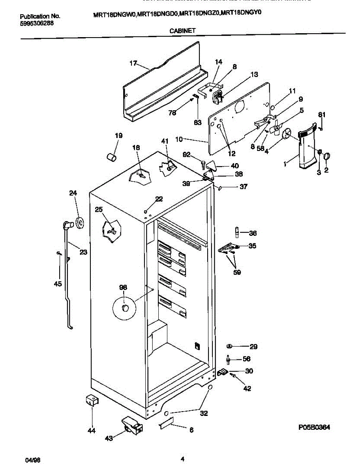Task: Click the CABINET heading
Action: pos(183,30)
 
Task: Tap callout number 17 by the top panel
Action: pos(133,63)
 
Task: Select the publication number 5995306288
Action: pos(37,23)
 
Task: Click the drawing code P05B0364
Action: pos(314,427)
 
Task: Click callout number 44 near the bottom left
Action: pos(92,431)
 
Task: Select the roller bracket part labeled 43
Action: pos(132,425)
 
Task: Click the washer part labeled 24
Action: pos(80,223)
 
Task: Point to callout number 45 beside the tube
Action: pos(58,284)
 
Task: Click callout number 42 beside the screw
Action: pos(247,389)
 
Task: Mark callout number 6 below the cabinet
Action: pos(191,430)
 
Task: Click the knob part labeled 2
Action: pos(327,157)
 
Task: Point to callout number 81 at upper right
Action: pos(322,115)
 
